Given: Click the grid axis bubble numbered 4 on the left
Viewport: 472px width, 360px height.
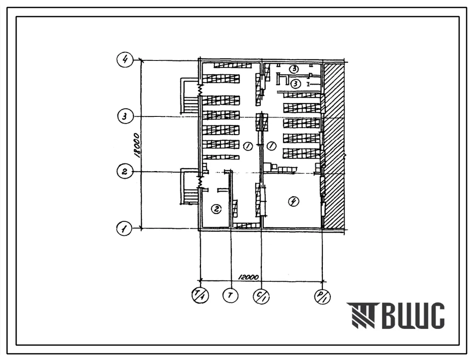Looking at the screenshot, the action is [125, 60].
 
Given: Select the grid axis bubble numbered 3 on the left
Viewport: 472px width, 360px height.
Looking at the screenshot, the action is [125, 116].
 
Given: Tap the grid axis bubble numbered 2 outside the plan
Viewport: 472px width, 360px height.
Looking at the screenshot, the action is [125, 172].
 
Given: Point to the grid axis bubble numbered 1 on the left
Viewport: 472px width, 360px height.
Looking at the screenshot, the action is [125, 228].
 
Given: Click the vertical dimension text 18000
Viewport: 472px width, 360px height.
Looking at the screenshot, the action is [138, 145].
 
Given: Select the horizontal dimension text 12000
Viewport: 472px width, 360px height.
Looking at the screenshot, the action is [248, 277].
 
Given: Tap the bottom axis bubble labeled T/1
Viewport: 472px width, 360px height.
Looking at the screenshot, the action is [201, 295].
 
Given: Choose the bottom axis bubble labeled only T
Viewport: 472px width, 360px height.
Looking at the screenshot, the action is [230, 295].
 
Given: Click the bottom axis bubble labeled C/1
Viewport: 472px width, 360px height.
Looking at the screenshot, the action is [261, 296].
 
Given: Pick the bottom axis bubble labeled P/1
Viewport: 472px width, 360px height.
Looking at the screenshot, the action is [322, 296].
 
